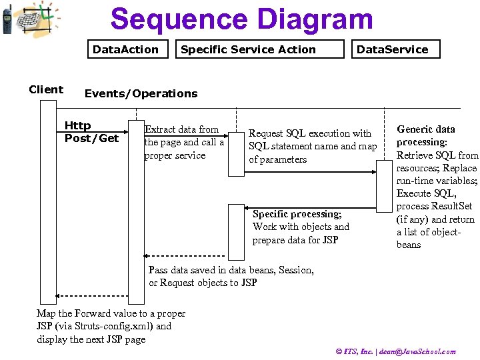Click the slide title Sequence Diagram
pyautogui.click(x=241, y=19)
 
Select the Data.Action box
pyautogui.click(x=125, y=49)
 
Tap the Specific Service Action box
pyautogui.click(x=248, y=49)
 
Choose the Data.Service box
pyautogui.click(x=392, y=49)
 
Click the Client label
pyautogui.click(x=46, y=89)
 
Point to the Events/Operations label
pyautogui.click(x=141, y=93)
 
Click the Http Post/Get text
pyautogui.click(x=91, y=132)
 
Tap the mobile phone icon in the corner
pyautogui.click(x=7, y=19)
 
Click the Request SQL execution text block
pyautogui.click(x=312, y=146)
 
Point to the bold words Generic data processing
pyautogui.click(x=425, y=135)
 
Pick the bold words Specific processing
pyautogui.click(x=297, y=214)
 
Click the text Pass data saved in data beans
pyautogui.click(x=231, y=276)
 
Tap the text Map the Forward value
pyautogui.click(x=111, y=326)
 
